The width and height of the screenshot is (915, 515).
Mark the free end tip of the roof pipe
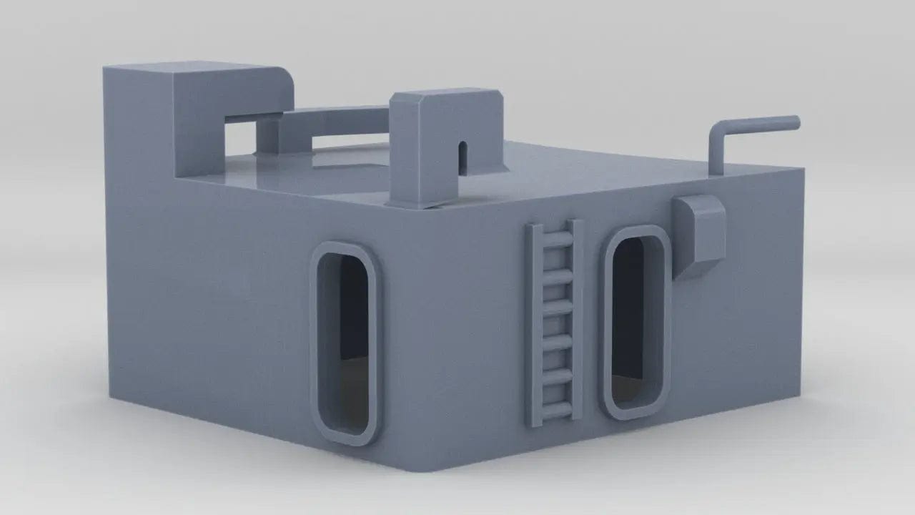tap(797, 122)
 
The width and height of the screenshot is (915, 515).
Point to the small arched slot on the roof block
tap(462, 156)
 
